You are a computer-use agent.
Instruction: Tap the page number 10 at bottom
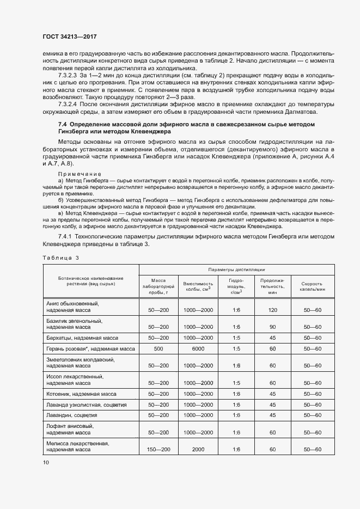pyautogui.click(x=46, y=462)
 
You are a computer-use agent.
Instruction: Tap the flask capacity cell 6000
pyautogui.click(x=198, y=348)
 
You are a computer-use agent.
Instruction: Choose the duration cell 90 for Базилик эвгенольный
pyautogui.click(x=273, y=327)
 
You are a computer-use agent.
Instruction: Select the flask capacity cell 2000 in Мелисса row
pyautogui.click(x=198, y=449)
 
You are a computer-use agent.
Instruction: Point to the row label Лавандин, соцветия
pyautogui.click(x=71, y=415)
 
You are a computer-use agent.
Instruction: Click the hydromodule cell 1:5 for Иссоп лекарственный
pyautogui.click(x=236, y=383)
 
